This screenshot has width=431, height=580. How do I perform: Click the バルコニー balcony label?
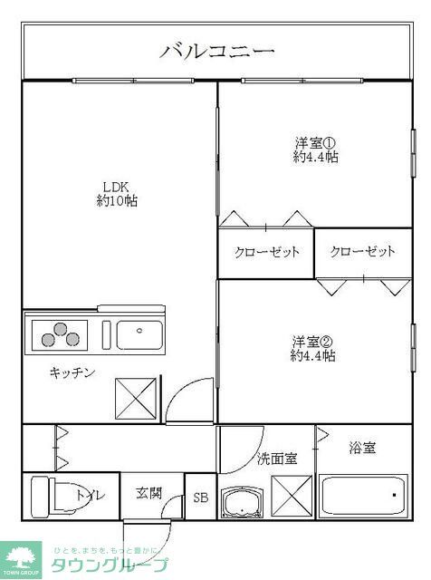[216, 51]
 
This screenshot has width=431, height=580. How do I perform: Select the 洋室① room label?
[315, 142]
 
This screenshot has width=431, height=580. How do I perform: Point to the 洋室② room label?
[313, 342]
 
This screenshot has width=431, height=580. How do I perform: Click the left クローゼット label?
[266, 252]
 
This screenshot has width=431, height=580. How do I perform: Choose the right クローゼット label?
[362, 252]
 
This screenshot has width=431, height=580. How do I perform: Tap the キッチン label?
[72, 372]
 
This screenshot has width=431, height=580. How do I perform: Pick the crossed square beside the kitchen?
[137, 398]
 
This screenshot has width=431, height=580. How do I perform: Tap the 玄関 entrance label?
[149, 494]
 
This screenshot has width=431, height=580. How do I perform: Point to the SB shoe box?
[201, 498]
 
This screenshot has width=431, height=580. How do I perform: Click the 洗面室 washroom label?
[276, 458]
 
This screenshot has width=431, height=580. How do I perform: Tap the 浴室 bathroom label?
[362, 448]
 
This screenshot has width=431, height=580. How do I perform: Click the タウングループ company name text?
[109, 565]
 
